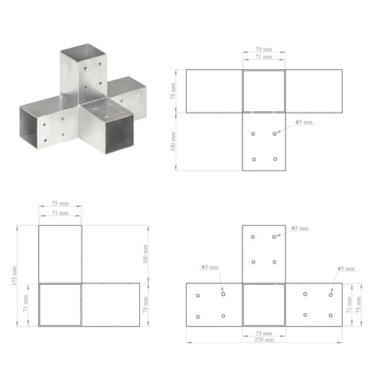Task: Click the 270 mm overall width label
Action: point(265,340)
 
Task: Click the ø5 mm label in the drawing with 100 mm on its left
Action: point(304,122)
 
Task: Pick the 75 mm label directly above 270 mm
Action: point(264,333)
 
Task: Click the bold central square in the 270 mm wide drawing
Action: point(264,304)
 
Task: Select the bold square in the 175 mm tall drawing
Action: point(60,304)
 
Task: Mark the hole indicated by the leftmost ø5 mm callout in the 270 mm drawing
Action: point(223,294)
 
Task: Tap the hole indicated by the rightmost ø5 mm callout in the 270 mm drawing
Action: point(330,295)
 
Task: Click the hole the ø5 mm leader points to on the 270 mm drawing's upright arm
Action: point(275,237)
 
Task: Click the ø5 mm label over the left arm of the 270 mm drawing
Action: point(210,267)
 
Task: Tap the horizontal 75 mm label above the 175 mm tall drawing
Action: point(60,205)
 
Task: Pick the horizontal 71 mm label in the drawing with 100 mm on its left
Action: point(264,57)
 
